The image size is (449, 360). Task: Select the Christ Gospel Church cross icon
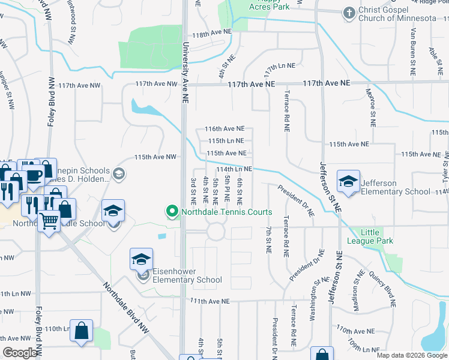[x=349, y=13]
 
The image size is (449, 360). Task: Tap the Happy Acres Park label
[x=270, y=4]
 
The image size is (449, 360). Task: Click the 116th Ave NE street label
[x=225, y=128]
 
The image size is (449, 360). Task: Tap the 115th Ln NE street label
[x=226, y=140]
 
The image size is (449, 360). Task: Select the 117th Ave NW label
[x=156, y=85]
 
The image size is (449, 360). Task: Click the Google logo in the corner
[x=20, y=353]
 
